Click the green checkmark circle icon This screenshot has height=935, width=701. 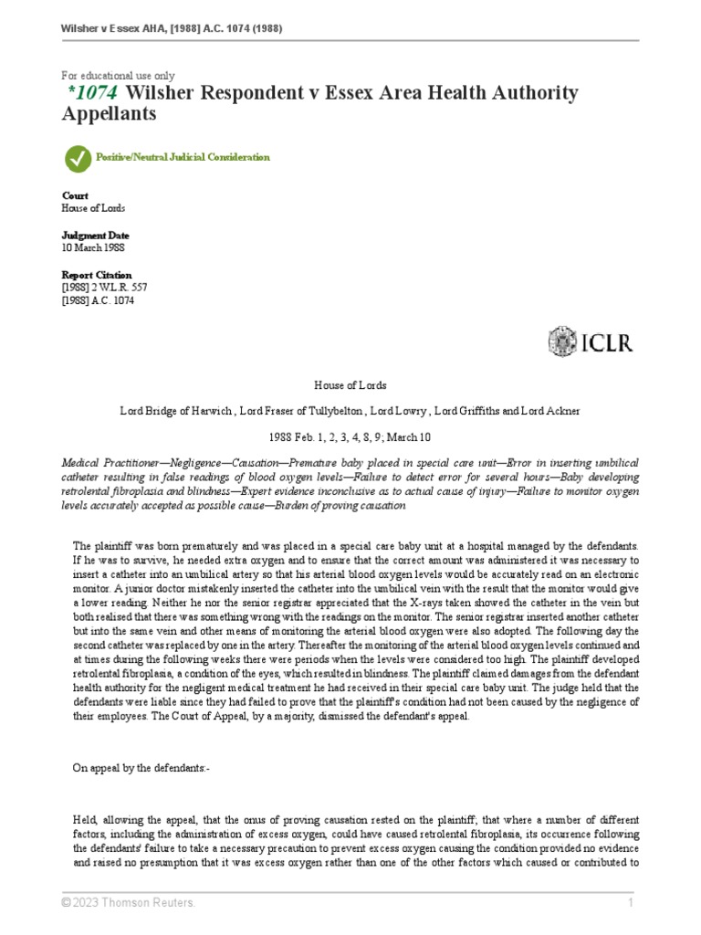(x=78, y=158)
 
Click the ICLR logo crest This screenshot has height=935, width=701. (x=562, y=341)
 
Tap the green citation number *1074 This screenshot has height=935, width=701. (x=95, y=93)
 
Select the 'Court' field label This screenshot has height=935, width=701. (x=75, y=195)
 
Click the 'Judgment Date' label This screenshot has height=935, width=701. (x=96, y=235)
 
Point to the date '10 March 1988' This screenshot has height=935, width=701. (x=93, y=247)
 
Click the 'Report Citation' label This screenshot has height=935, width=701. (x=97, y=275)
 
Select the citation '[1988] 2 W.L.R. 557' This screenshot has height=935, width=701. (x=104, y=288)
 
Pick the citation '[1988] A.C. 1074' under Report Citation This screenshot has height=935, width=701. (x=98, y=301)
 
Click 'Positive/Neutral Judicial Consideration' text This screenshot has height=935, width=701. (x=183, y=157)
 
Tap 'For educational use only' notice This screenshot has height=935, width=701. (x=118, y=76)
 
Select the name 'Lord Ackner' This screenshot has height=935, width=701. (x=550, y=410)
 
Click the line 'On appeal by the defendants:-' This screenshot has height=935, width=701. (x=141, y=768)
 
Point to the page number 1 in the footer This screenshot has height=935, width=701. (x=631, y=903)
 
